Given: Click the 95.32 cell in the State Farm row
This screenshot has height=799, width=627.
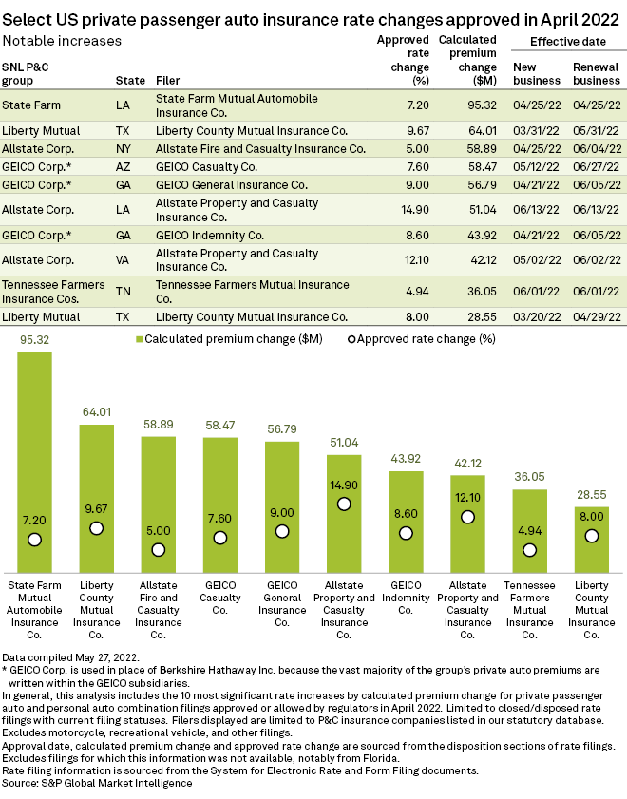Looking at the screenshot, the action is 482,105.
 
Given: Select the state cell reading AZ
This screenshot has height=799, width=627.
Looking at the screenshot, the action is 123,166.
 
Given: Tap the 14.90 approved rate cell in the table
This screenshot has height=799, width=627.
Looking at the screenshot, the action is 415,209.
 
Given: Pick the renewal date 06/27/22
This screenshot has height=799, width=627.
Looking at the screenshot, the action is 597,166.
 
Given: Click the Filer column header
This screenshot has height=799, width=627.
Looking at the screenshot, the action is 167,81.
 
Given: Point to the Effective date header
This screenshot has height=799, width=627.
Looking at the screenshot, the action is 568,42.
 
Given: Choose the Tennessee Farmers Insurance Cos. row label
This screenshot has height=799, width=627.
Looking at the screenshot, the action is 53,292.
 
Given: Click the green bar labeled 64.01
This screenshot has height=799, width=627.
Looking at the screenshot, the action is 96,499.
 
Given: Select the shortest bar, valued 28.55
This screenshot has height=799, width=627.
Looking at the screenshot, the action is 591,540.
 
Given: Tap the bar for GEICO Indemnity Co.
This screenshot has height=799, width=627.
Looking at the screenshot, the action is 406,522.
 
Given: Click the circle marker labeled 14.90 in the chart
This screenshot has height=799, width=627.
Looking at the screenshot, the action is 344,504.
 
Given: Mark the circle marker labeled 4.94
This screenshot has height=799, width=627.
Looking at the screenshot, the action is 530,550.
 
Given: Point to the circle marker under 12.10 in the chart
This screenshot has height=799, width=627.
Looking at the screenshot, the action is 467,517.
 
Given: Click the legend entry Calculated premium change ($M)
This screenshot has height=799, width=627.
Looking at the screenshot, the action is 229,339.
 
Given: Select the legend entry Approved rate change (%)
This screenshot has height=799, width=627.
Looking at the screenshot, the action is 422,339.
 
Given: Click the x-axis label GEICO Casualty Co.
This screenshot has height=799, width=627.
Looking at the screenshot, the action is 220,598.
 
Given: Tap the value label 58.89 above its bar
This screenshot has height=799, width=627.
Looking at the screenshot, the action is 159,425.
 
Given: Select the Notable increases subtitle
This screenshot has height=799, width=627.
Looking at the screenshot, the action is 62,41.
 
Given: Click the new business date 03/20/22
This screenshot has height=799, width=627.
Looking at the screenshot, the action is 537,317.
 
